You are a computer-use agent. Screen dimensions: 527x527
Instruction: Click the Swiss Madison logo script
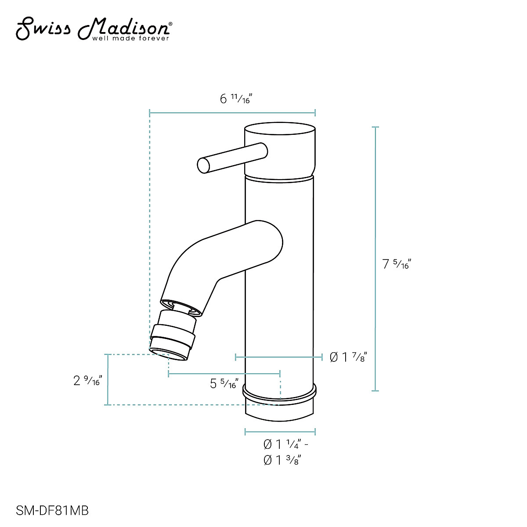point(92,28)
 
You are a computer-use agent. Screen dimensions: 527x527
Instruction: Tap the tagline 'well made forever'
point(130,39)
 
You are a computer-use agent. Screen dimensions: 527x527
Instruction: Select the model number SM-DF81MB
point(52,511)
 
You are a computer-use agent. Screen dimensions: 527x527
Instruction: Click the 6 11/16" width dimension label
point(235,99)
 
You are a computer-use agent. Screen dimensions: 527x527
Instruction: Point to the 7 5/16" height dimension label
point(396,264)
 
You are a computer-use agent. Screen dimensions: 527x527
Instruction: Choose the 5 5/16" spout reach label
point(224,384)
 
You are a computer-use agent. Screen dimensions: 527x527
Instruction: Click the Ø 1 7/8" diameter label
point(348,357)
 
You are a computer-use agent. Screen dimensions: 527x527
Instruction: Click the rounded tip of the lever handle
point(203,165)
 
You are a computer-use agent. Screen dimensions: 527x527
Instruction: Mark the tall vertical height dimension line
point(375,259)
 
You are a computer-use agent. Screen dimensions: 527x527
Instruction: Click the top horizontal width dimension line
point(232,113)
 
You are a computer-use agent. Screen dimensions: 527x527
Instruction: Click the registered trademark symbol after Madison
point(170,25)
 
